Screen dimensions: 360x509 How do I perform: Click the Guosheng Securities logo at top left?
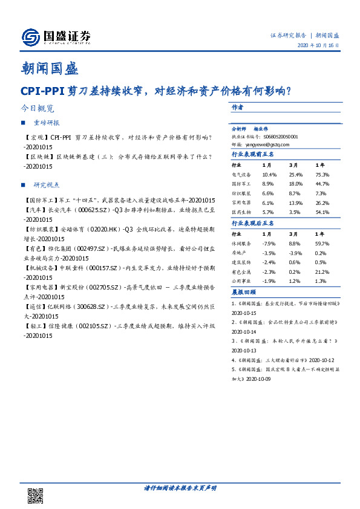click(x=56, y=37)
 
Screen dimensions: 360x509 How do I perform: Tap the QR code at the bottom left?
click(x=36, y=494)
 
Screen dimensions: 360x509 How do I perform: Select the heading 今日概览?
click(x=37, y=109)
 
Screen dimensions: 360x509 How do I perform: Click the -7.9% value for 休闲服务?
click(x=269, y=243)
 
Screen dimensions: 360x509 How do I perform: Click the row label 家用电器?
click(x=241, y=203)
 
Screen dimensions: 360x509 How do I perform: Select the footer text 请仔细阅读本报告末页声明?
click(x=180, y=487)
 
